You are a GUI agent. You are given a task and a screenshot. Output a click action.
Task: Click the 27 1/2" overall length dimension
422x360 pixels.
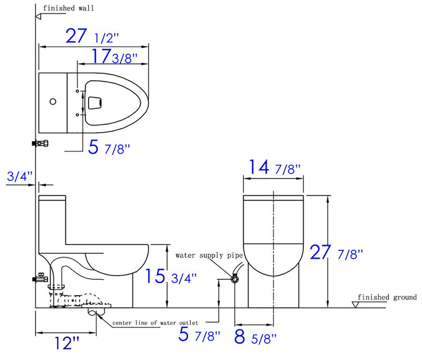92,37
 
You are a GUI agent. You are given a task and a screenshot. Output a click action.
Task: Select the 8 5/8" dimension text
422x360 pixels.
256,336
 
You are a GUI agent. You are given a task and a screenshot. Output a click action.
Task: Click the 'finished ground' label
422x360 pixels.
387,297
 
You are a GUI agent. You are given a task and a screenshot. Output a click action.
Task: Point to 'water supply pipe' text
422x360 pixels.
209,255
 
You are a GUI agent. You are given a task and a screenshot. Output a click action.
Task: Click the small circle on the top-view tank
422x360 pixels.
52,101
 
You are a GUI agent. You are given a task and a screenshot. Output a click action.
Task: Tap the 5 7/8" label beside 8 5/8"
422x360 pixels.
199,334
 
